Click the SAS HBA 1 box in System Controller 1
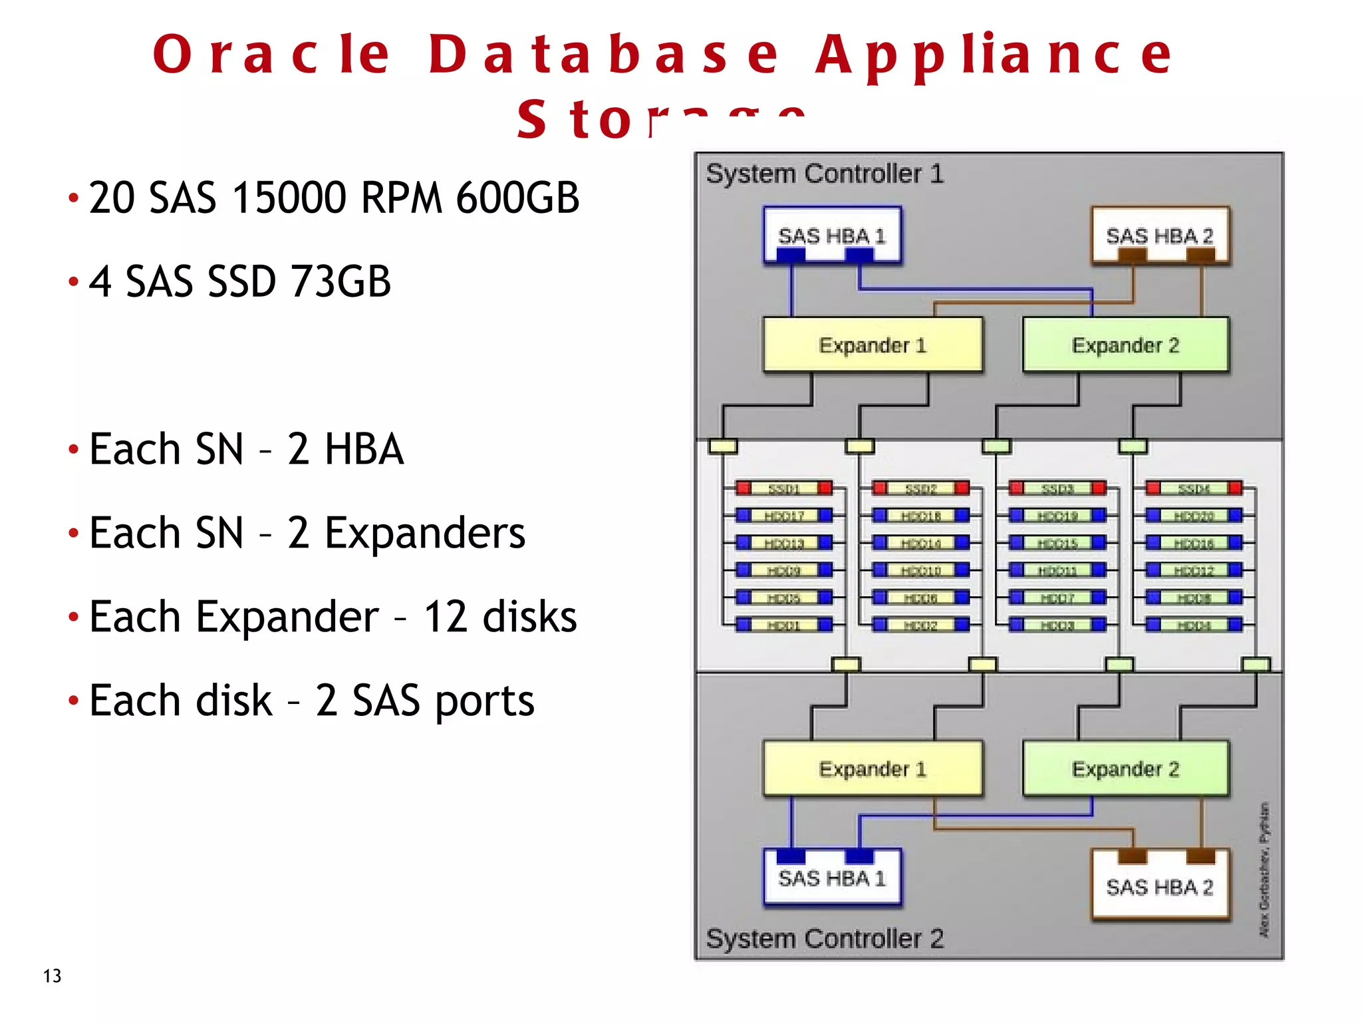[832, 235]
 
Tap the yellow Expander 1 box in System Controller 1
[873, 345]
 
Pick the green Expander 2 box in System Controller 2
[1125, 768]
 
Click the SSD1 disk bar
[784, 489]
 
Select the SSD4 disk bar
[1194, 489]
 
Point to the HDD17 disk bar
[784, 516]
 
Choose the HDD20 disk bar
[1194, 516]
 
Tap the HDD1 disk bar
[784, 625]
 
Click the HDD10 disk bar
[921, 571]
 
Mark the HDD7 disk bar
[1057, 598]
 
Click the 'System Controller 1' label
[825, 174]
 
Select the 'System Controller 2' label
[825, 939]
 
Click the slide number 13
[52, 976]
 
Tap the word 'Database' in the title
[603, 55]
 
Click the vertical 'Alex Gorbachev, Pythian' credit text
[1264, 870]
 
